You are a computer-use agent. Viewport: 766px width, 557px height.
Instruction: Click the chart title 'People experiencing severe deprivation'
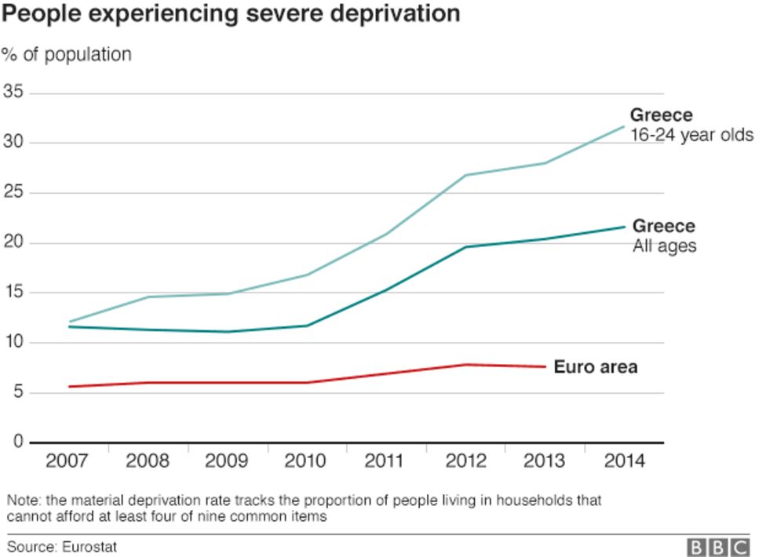pyautogui.click(x=231, y=14)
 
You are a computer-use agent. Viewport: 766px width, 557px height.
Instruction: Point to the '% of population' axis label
pyautogui.click(x=67, y=55)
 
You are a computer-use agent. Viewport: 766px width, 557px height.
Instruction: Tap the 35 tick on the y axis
pyautogui.click(x=14, y=93)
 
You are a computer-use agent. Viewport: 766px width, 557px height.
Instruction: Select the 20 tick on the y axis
pyautogui.click(x=14, y=242)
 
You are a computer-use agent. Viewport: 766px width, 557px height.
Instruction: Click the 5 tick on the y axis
pyautogui.click(x=18, y=392)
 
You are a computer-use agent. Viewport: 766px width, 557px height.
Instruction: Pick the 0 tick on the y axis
pyautogui.click(x=18, y=442)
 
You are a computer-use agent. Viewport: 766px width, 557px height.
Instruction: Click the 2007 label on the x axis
pyautogui.click(x=67, y=461)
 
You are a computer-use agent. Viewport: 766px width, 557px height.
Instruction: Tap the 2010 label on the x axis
pyautogui.click(x=306, y=461)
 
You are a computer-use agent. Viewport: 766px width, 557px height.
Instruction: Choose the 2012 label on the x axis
pyautogui.click(x=465, y=461)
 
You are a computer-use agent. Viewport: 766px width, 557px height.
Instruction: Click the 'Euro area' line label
pyautogui.click(x=595, y=366)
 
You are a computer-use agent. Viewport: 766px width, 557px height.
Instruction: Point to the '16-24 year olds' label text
pyautogui.click(x=692, y=135)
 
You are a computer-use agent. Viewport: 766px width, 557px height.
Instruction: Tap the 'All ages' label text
pyautogui.click(x=665, y=246)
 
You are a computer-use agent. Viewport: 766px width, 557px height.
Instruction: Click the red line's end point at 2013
pyautogui.click(x=545, y=366)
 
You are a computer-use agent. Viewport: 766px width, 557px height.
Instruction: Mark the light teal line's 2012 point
pyautogui.click(x=465, y=175)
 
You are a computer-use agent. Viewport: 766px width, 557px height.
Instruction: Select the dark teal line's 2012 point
pyautogui.click(x=465, y=247)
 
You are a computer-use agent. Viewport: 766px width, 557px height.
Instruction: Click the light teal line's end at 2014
pyautogui.click(x=624, y=126)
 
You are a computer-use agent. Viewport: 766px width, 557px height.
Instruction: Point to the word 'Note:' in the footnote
pyautogui.click(x=24, y=500)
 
